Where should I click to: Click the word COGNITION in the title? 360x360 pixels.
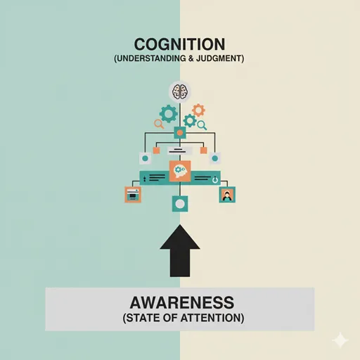[x=179, y=44]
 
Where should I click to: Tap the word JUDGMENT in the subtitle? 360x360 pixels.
[x=220, y=58]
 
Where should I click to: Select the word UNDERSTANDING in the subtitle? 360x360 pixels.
[x=150, y=58]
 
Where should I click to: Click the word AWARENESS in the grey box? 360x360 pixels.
[x=182, y=302]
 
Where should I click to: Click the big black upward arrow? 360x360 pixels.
[x=180, y=250]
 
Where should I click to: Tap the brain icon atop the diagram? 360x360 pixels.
[x=180, y=91]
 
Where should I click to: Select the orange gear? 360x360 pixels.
[x=198, y=110]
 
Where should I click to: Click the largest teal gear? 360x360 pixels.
[x=168, y=114]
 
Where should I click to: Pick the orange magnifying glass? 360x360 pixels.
[x=159, y=124]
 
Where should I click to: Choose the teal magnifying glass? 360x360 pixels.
[x=202, y=125]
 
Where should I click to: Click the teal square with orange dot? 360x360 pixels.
[x=180, y=133]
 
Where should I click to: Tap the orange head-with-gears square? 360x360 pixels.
[x=180, y=171]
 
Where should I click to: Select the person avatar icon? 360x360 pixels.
[x=227, y=195]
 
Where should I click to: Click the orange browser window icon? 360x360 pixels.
[x=133, y=195]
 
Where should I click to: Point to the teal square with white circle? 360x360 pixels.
[x=180, y=204]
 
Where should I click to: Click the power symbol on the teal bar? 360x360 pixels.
[x=215, y=180]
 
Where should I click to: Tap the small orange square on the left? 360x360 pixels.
[x=156, y=150]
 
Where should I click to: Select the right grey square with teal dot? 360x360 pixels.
[x=215, y=158]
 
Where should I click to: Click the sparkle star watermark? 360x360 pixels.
[x=340, y=340]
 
